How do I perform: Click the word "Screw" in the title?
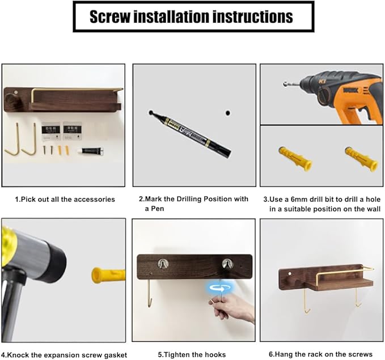[x=110, y=16]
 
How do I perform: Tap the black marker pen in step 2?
[x=190, y=134]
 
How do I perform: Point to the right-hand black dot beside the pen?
[x=228, y=113]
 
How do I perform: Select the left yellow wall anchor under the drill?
[x=295, y=158]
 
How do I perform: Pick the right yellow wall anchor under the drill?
[x=361, y=159]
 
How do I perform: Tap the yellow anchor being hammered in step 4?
[x=108, y=276]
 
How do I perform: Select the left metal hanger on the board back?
[x=163, y=264]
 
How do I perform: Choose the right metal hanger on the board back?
[x=227, y=264]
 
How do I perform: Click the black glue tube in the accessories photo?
[x=91, y=151]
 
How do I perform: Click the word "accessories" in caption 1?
[x=94, y=199]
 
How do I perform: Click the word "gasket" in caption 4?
[x=115, y=355]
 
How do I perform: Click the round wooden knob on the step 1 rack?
[x=11, y=101]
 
